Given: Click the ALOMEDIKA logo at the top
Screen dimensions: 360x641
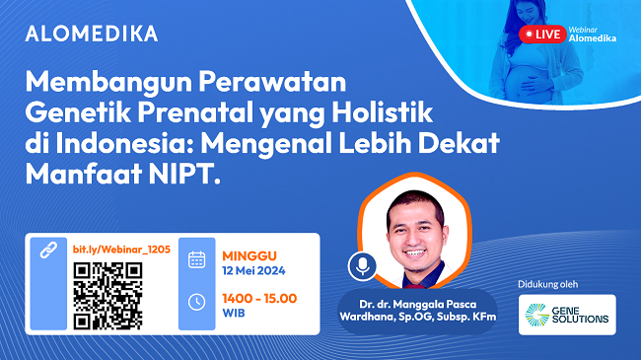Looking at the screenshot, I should coord(91,34).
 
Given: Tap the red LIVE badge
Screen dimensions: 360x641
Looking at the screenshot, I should coord(542,34).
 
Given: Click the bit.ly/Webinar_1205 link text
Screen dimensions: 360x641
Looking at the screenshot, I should coord(121,250).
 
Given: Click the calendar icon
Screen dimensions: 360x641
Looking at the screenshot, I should coord(196,259).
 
